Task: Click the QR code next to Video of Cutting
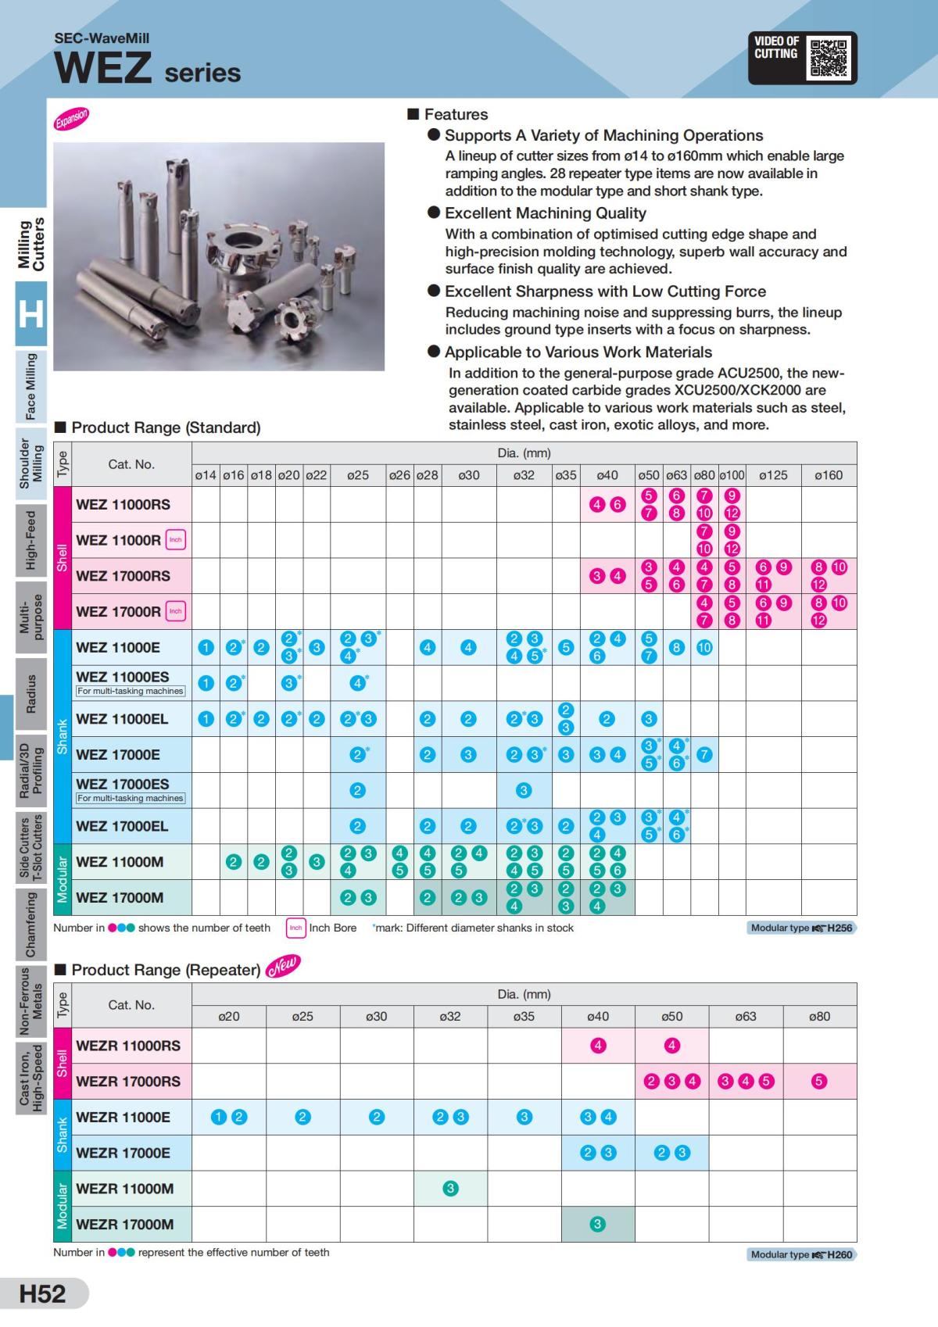point(829,58)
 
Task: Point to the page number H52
point(43,1293)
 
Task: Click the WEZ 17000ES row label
point(123,784)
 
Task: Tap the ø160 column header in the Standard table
point(829,475)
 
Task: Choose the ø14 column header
point(206,475)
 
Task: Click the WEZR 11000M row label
point(125,1189)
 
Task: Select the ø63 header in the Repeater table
point(746,1017)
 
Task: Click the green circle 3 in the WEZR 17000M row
point(598,1225)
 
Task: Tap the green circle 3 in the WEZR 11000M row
point(450,1189)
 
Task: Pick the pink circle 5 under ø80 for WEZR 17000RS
point(818,1082)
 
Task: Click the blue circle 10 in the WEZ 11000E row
point(704,647)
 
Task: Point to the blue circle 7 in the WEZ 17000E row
point(704,755)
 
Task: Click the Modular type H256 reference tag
point(801,928)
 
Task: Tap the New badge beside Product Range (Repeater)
point(282,968)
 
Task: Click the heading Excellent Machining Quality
point(545,213)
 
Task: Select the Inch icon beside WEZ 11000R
point(176,540)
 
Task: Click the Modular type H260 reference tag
point(801,1254)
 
